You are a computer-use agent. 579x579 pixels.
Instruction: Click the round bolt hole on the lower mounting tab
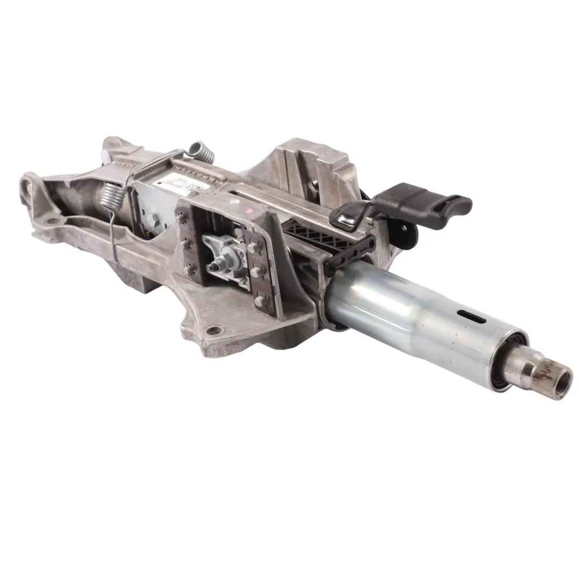pyautogui.click(x=214, y=330)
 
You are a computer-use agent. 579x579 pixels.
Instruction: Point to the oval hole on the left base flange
pyautogui.click(x=51, y=220)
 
